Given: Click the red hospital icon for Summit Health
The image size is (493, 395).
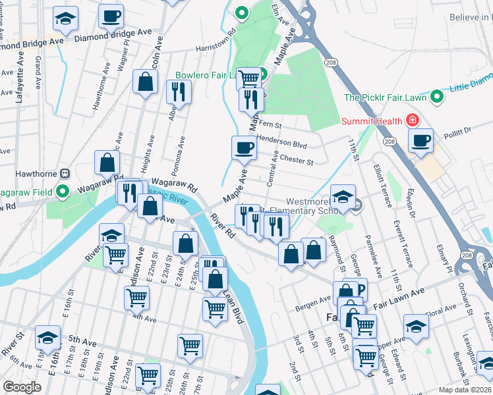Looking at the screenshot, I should [413, 120].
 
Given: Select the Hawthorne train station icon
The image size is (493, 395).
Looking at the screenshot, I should [65, 173].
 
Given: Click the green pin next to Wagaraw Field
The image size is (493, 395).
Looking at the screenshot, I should [63, 192].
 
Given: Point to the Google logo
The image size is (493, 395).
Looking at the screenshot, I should [22, 387].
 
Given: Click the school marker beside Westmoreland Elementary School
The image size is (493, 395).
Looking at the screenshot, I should [343, 197].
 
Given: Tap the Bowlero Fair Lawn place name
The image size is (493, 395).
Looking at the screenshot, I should [208, 76].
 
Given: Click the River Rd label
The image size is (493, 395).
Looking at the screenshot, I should [223, 224].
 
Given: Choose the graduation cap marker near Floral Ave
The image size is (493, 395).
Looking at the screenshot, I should [416, 327].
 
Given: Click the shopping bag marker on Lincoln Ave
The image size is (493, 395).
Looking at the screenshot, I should [146, 83].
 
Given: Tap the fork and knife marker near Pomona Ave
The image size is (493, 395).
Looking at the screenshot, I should [177, 91].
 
